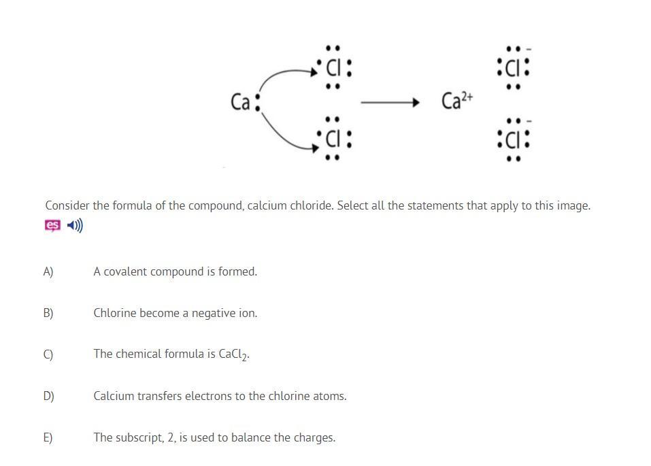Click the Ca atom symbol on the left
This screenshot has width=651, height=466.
241,102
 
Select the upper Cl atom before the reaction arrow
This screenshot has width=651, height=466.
333,67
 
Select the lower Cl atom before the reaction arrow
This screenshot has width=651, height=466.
333,139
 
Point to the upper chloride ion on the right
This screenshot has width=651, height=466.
514,67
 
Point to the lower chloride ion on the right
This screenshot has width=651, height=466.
514,139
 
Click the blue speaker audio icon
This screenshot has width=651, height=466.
76,225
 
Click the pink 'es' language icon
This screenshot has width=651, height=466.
52,225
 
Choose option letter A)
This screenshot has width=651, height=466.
48,271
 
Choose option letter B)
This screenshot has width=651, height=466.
48,313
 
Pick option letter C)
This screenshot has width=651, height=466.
48,354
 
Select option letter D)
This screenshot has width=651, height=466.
48,396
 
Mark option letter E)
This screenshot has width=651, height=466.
48,437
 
